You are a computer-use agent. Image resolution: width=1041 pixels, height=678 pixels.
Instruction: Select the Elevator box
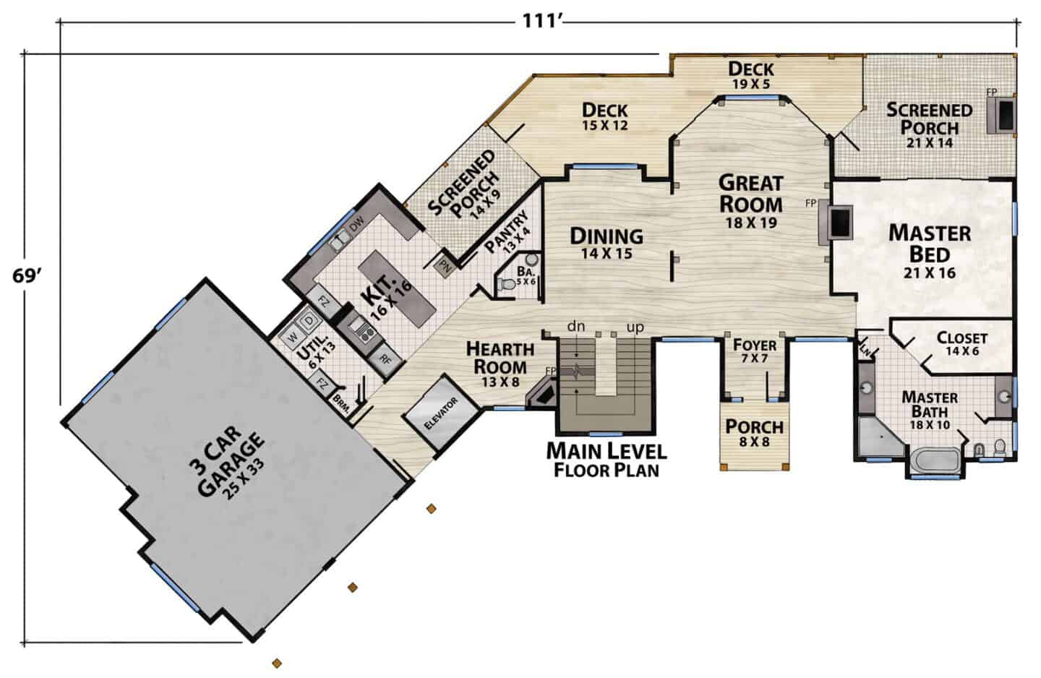(440, 413)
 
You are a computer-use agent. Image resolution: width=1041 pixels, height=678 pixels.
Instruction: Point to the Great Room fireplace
(836, 222)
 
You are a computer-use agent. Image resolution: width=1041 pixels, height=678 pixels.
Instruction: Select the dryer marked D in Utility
(309, 321)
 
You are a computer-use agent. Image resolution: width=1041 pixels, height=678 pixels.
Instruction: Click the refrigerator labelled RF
(385, 359)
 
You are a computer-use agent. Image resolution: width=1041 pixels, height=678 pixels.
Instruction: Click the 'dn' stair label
(575, 326)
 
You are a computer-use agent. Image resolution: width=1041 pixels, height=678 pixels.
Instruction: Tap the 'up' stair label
(635, 327)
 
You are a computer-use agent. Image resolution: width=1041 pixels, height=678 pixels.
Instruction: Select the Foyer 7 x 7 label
(755, 351)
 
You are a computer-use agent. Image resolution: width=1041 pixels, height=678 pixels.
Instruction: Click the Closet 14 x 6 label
(962, 343)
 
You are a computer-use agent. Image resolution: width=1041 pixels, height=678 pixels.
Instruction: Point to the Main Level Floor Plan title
(607, 460)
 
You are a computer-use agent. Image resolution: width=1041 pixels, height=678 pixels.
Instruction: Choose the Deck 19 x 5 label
(751, 75)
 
